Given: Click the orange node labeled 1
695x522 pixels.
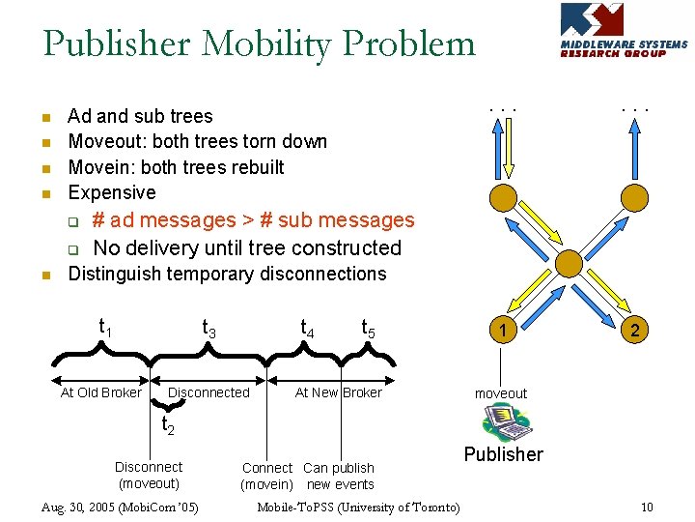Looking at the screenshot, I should (x=503, y=331).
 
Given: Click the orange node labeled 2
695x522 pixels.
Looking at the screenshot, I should (x=634, y=331).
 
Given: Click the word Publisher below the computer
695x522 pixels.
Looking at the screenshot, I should (x=503, y=454).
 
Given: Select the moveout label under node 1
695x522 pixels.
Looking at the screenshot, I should (x=500, y=392).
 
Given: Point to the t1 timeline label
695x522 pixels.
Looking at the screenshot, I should (x=106, y=327).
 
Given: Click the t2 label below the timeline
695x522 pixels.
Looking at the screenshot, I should (x=167, y=424).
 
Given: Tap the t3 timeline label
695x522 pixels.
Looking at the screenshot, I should (x=208, y=329).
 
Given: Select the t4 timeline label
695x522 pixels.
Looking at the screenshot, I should (x=307, y=329).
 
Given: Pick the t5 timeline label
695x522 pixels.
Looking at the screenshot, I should (x=369, y=329).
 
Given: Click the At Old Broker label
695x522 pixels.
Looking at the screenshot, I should (x=100, y=392).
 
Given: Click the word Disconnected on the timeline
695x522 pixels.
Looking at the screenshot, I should (x=208, y=392).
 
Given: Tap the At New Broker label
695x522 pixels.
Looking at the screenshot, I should (x=338, y=392).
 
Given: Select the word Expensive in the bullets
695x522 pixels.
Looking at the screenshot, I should (x=112, y=192).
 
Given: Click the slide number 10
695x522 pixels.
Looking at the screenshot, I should (x=647, y=507).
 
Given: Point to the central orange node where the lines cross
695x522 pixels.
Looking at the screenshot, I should (x=569, y=262).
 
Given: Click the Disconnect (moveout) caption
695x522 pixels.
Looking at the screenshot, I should (x=149, y=475).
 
